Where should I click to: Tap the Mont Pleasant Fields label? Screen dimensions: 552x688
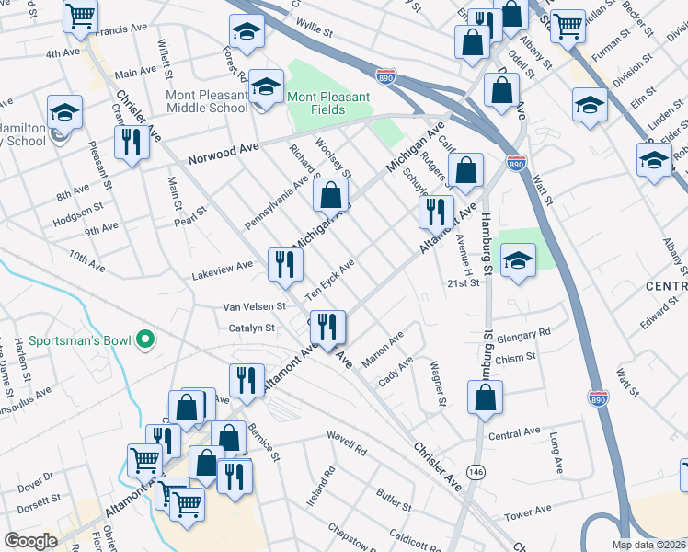point(328,103)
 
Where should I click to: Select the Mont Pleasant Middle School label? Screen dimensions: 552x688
point(207,101)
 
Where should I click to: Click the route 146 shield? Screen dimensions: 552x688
point(476,471)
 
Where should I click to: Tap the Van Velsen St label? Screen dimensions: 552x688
point(255,306)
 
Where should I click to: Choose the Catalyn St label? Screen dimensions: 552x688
point(246,328)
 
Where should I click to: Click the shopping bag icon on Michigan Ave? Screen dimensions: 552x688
point(330,194)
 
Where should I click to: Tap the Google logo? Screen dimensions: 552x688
point(30,541)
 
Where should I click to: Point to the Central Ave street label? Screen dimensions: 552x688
point(514,433)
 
